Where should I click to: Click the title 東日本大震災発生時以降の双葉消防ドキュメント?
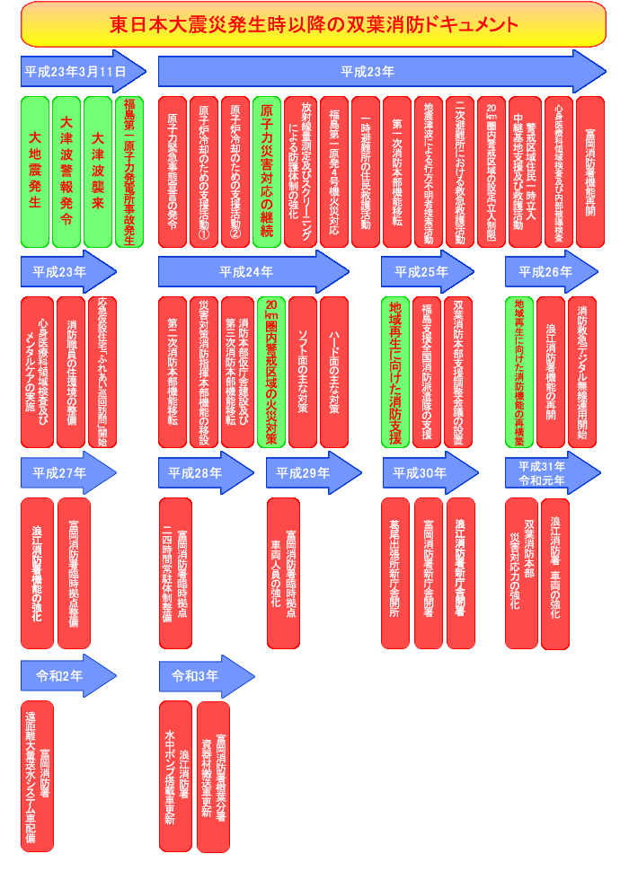[x=314, y=23]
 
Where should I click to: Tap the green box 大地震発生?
[x=36, y=171]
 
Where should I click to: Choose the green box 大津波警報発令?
[x=66, y=171]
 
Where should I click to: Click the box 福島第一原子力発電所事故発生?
[x=129, y=171]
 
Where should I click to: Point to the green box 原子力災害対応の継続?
[x=267, y=171]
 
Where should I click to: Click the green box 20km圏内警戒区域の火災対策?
[x=270, y=371]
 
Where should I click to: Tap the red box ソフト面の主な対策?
[x=303, y=371]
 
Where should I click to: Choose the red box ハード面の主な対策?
[x=334, y=371]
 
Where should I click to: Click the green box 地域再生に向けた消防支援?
[x=395, y=371]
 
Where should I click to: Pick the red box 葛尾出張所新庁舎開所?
[x=395, y=572]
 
